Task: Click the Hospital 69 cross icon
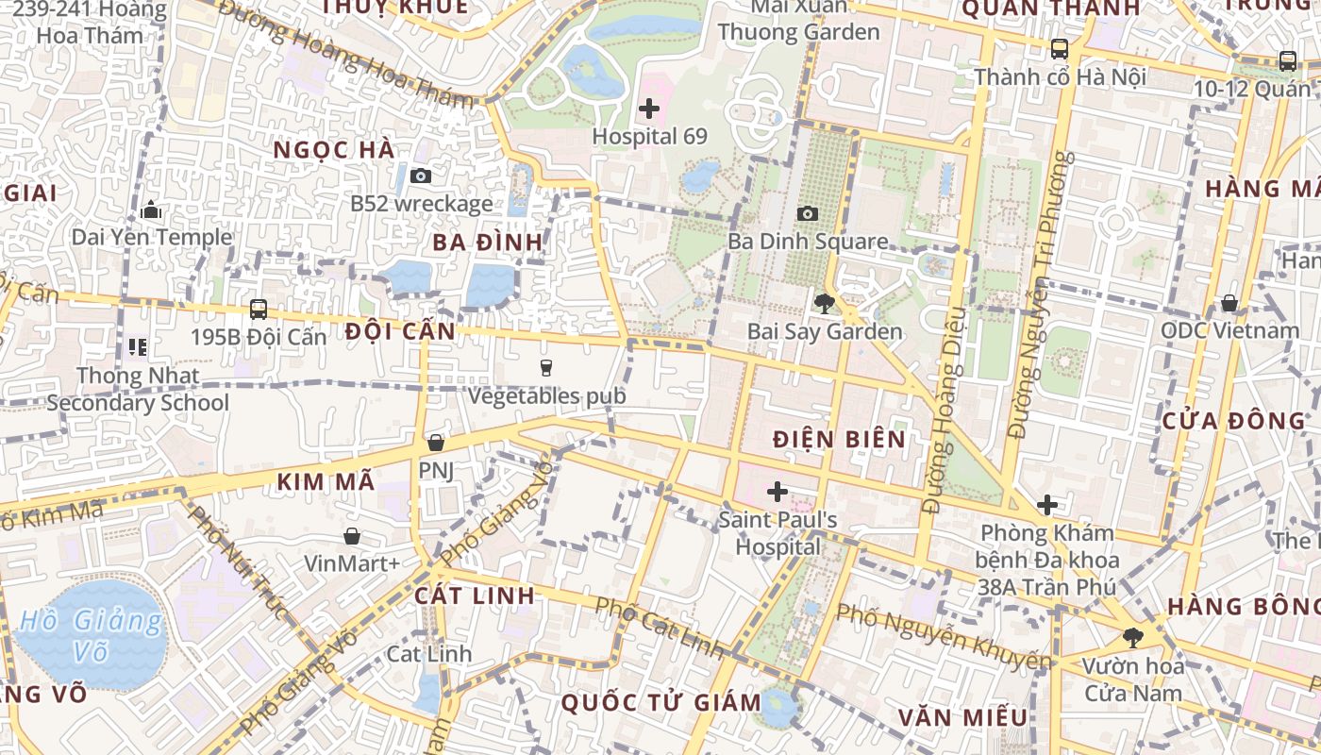click(649, 109)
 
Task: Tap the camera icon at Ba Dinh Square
click(808, 214)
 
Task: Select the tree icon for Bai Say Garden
click(825, 304)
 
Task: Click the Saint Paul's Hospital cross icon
click(778, 492)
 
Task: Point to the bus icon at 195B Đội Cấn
click(258, 310)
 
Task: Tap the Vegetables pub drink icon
click(545, 368)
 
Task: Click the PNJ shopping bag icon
click(435, 442)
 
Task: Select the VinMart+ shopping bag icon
click(352, 536)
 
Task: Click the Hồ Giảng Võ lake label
click(91, 635)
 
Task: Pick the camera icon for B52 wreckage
click(421, 176)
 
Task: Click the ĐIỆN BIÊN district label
click(839, 439)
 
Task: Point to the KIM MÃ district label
click(326, 481)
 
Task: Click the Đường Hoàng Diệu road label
click(945, 408)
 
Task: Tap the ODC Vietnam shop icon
click(1229, 303)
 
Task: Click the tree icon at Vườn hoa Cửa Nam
click(1132, 638)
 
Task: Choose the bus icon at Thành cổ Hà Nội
click(1060, 49)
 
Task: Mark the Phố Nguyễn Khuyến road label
click(944, 638)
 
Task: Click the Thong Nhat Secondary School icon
click(139, 347)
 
